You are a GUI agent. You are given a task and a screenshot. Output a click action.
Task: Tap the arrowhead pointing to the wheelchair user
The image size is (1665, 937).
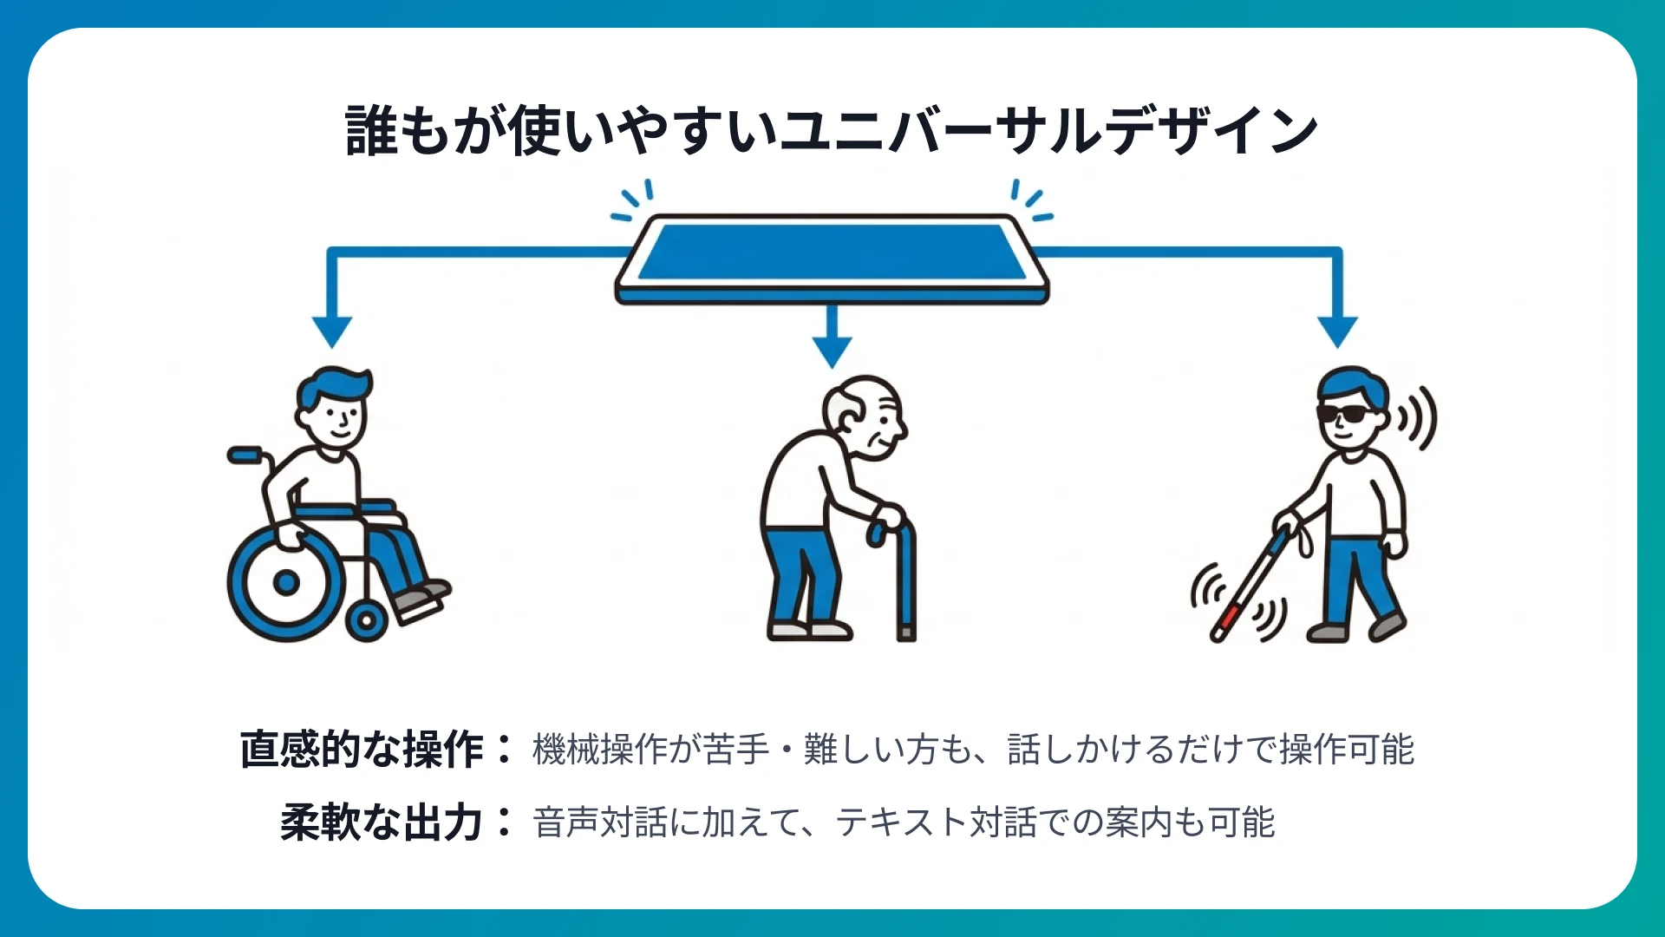(x=332, y=331)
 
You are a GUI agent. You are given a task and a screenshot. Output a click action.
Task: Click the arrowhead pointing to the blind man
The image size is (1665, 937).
(x=1337, y=331)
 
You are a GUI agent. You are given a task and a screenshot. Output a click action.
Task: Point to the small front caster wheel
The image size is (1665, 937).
(x=366, y=620)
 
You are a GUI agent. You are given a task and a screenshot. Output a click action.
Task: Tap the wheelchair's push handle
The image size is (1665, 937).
(x=245, y=454)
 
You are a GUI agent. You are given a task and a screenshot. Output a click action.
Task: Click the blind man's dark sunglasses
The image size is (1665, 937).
(x=1346, y=414)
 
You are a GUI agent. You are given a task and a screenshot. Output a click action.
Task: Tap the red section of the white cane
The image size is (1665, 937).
(x=1230, y=618)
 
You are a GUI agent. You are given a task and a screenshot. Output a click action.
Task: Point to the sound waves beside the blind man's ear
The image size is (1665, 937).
(x=1417, y=419)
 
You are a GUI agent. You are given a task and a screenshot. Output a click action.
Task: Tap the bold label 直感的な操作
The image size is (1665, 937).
(x=362, y=750)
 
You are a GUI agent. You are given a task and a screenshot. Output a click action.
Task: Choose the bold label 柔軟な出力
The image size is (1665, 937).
(x=382, y=822)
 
